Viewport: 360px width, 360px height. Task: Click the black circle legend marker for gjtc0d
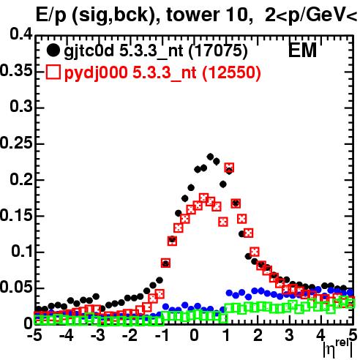pyautogui.click(x=53, y=50)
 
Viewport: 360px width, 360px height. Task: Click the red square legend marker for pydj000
pyautogui.click(x=53, y=72)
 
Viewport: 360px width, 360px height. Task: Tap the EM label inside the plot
pyautogui.click(x=302, y=50)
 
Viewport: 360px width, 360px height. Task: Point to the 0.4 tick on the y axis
pyautogui.click(x=21, y=34)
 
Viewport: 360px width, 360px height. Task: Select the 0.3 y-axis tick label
pyautogui.click(x=21, y=107)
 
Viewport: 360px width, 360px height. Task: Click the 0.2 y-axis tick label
pyautogui.click(x=21, y=179)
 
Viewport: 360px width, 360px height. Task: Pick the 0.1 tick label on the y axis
pyautogui.click(x=22, y=251)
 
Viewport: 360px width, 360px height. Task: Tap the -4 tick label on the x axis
pyautogui.click(x=66, y=336)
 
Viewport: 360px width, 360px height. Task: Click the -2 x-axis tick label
pyautogui.click(x=130, y=336)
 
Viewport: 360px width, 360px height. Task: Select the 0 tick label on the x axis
pyautogui.click(x=194, y=336)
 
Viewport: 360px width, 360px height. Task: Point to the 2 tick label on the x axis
pyautogui.click(x=258, y=336)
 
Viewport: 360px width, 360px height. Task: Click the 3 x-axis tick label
pyautogui.click(x=290, y=336)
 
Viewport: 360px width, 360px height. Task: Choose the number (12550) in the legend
pyautogui.click(x=231, y=72)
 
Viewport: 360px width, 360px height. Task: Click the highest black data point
pyautogui.click(x=210, y=157)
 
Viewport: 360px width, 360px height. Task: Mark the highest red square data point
pyautogui.click(x=229, y=168)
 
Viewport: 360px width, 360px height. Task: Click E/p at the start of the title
pyautogui.click(x=51, y=15)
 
